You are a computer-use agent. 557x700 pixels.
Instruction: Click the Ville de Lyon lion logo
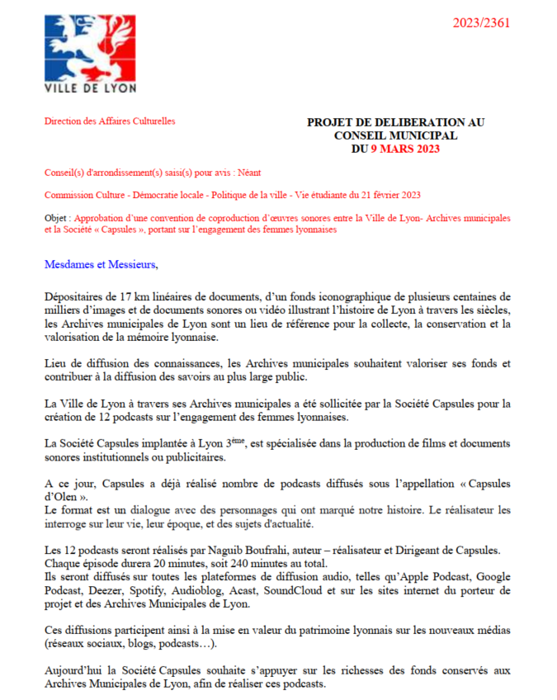click(x=90, y=45)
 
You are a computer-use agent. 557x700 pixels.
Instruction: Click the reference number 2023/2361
click(x=481, y=22)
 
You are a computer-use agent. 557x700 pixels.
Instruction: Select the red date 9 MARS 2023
click(x=405, y=149)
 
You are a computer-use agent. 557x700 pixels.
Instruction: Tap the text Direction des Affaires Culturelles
click(x=110, y=121)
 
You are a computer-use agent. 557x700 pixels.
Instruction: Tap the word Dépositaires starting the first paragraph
click(x=74, y=296)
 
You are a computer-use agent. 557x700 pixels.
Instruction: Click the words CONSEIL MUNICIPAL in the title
click(x=395, y=135)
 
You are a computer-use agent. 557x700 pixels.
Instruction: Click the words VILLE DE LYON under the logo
click(x=90, y=87)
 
